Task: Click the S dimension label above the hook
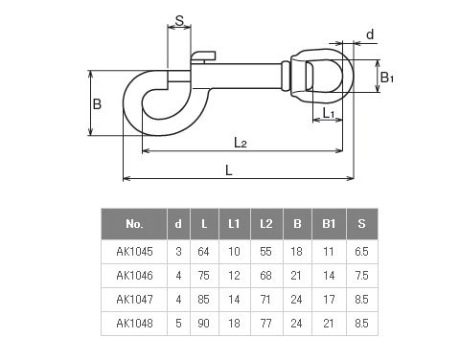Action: tap(179, 21)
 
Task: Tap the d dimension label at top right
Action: tap(370, 34)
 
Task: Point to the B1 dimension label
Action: tap(387, 78)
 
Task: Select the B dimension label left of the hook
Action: tap(97, 104)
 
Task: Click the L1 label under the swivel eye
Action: tap(329, 113)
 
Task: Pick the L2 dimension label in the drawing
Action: tap(241, 143)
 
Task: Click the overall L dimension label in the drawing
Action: tap(228, 170)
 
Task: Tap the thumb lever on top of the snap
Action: tap(203, 56)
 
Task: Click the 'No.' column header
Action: tap(134, 224)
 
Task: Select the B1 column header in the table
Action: tap(329, 224)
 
